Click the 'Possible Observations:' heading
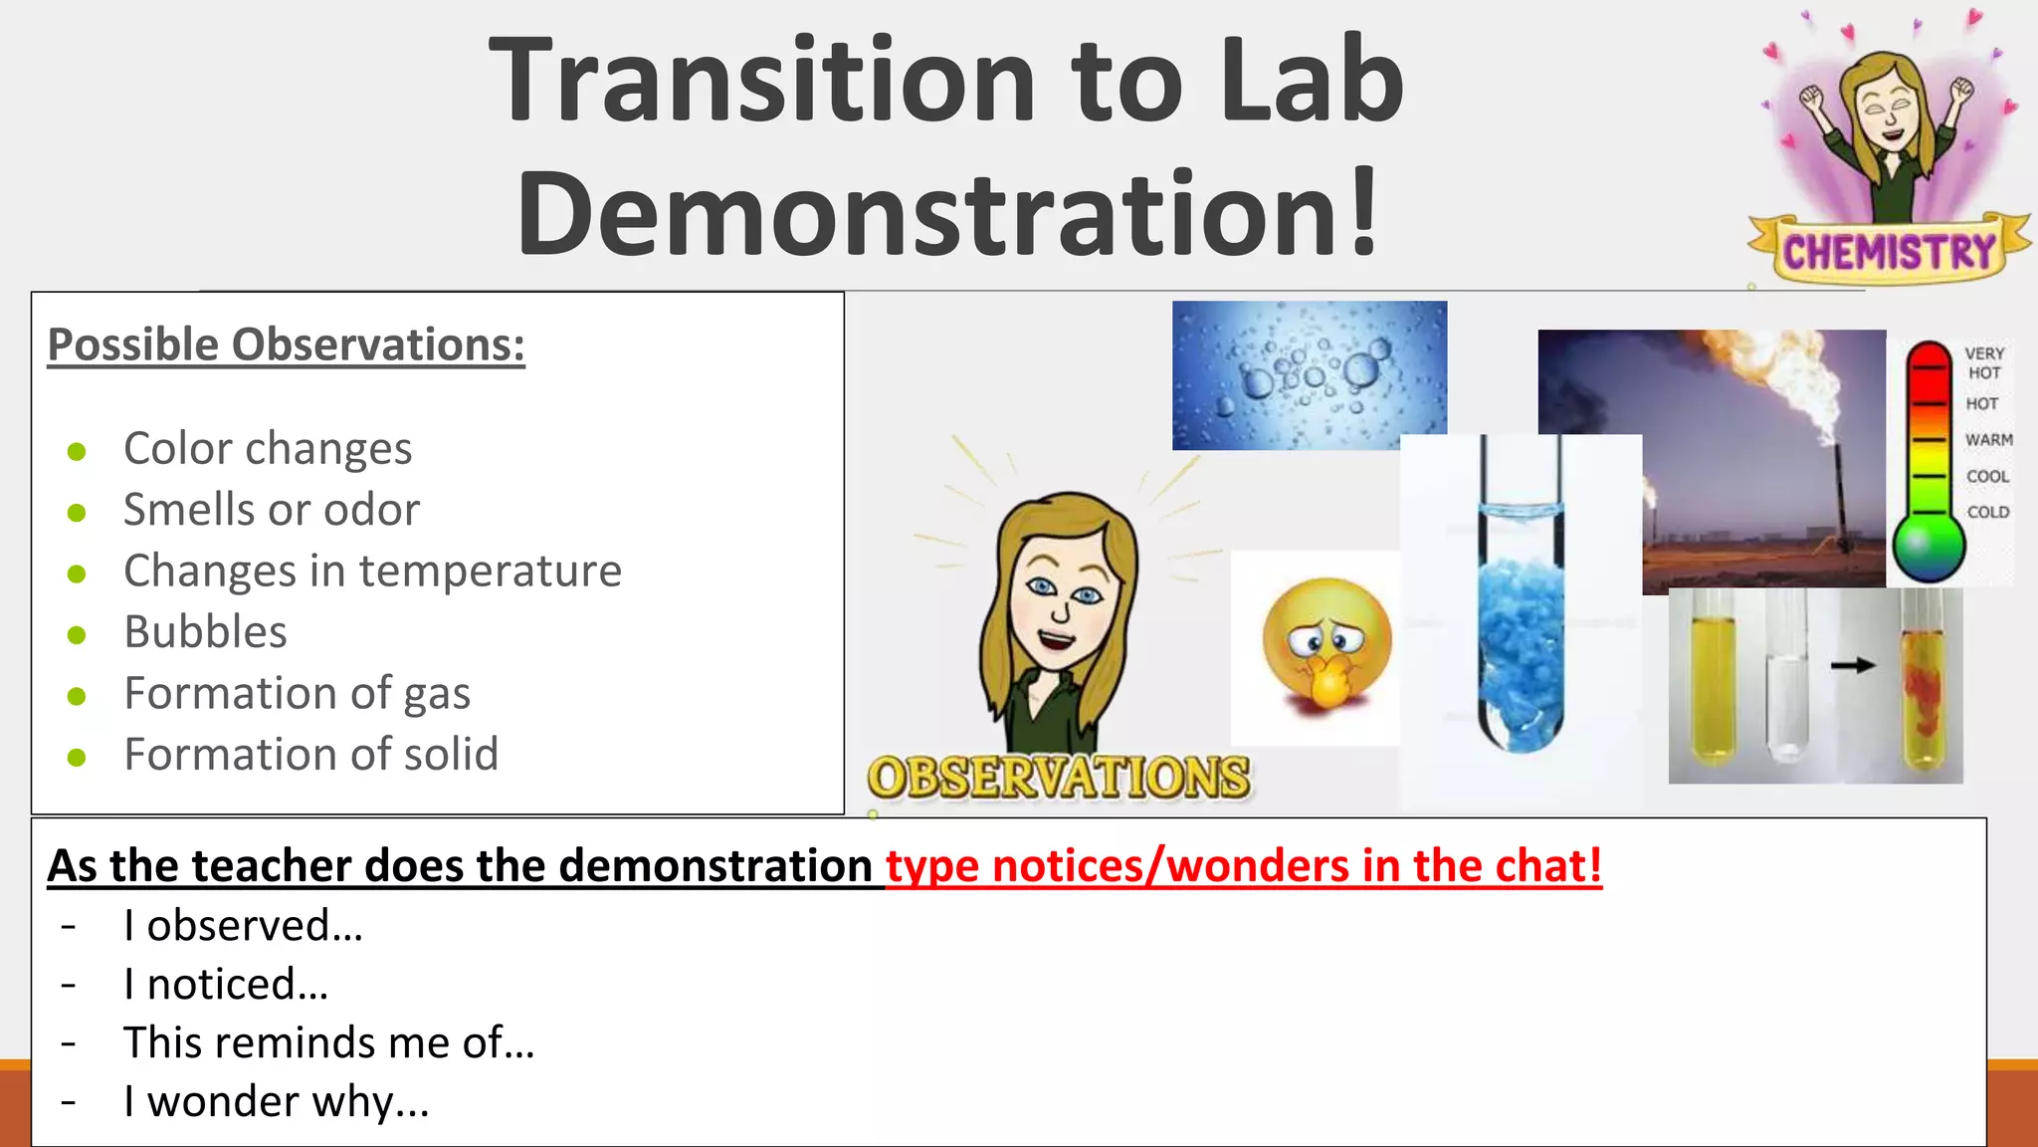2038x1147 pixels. (286, 345)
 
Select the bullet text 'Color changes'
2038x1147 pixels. (268, 448)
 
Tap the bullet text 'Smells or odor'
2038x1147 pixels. (272, 510)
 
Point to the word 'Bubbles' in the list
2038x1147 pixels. (205, 632)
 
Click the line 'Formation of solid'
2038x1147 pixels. (310, 755)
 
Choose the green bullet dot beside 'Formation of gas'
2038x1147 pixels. (77, 696)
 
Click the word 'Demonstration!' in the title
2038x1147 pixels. (947, 212)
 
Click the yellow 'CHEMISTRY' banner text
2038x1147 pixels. (1889, 252)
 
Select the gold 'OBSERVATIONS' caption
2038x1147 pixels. (1058, 778)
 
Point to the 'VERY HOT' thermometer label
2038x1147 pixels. (1983, 362)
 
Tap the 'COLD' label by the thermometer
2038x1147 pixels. (1987, 512)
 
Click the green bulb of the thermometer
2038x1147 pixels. (1928, 549)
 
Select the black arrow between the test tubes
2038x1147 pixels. (1852, 665)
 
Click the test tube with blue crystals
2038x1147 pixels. (1520, 617)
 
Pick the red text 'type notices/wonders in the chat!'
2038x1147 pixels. (1244, 865)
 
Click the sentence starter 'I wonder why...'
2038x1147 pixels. (277, 1101)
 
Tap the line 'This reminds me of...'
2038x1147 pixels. (328, 1042)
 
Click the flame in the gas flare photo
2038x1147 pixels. (1781, 388)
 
